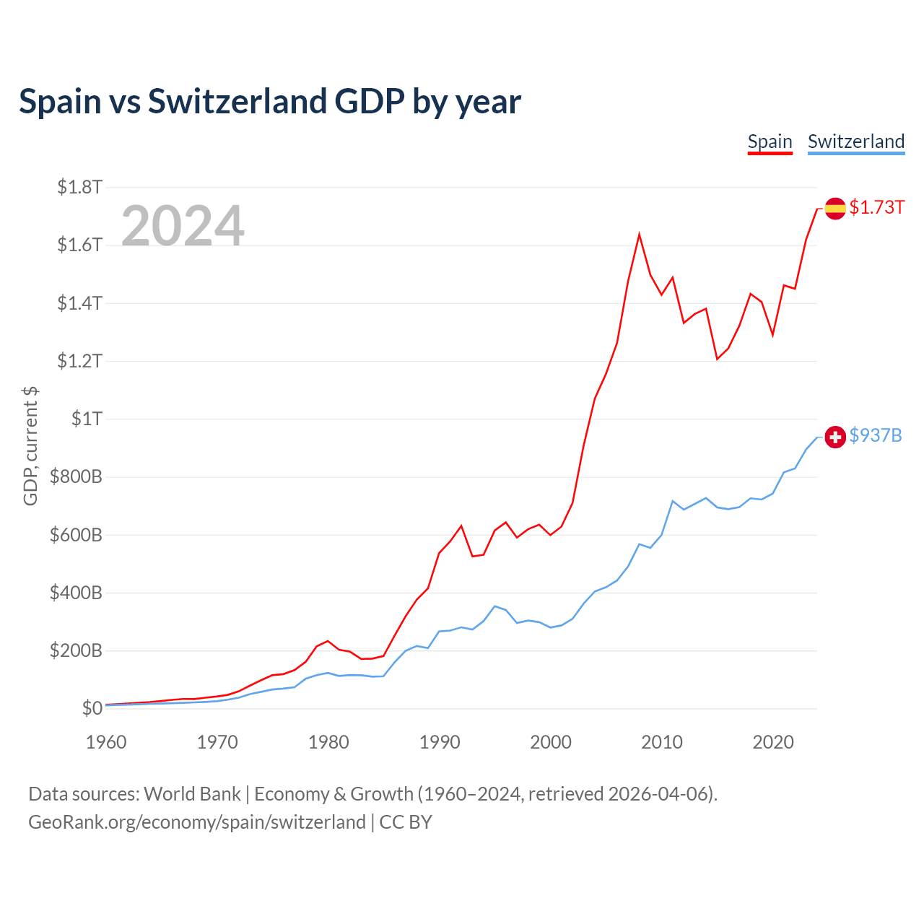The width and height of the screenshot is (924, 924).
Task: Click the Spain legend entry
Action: click(770, 141)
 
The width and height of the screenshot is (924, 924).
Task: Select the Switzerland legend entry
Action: click(855, 141)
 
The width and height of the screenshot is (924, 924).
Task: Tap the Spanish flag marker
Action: click(835, 209)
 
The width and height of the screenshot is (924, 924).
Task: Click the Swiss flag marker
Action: click(835, 437)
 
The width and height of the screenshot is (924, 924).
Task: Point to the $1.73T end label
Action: click(876, 207)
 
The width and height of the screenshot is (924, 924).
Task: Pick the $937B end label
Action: click(875, 435)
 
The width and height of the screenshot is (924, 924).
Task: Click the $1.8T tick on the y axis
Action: click(79, 188)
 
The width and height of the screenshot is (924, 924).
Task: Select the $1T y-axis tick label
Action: click(87, 419)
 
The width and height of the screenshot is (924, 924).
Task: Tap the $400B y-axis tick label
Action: click(76, 593)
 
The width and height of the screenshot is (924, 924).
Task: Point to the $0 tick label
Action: click(92, 708)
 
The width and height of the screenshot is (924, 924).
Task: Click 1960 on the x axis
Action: click(106, 742)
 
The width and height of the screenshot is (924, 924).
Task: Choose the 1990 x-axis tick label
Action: click(440, 742)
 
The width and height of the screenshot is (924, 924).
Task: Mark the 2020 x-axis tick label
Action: click(773, 742)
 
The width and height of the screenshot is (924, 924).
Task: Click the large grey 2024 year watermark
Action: click(183, 226)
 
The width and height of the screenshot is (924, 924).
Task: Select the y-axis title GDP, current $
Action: click(30, 445)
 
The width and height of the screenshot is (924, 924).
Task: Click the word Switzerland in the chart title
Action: click(237, 102)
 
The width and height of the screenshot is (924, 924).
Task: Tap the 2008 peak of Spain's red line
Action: click(640, 235)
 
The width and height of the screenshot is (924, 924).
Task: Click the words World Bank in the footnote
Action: click(192, 794)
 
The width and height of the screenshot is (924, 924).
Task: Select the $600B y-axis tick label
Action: click(76, 535)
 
